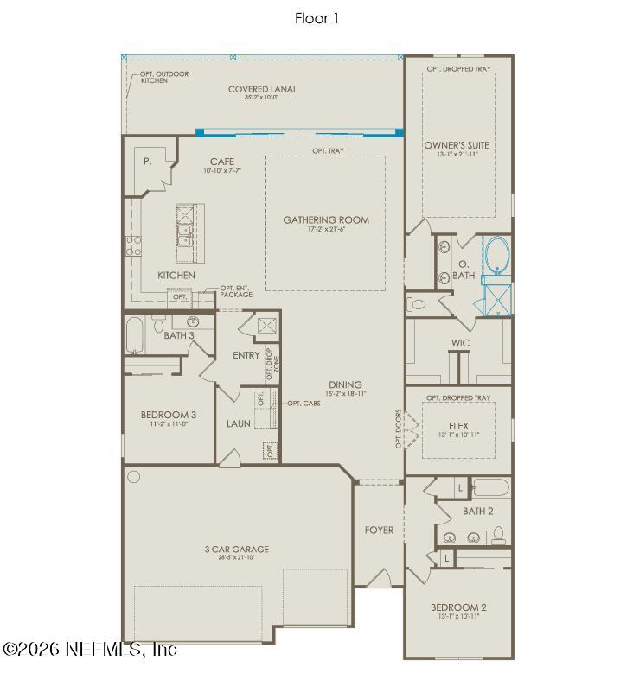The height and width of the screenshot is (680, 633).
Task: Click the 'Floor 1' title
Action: point(316,18)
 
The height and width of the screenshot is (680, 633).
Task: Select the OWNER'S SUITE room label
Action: point(457,145)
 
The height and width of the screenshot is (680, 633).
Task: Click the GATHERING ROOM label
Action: point(326,220)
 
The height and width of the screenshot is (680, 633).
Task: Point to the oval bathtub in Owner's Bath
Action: point(496,256)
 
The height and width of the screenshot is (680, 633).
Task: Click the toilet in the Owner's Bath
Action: point(418,304)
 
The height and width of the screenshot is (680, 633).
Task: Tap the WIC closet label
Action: point(460,343)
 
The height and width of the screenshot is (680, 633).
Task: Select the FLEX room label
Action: point(458,426)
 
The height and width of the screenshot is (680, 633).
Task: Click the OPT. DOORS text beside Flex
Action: point(399,429)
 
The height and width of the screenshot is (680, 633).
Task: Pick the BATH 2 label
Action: point(477,511)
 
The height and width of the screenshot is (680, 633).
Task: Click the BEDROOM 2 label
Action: point(458,607)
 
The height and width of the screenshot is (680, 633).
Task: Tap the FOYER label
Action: point(379,530)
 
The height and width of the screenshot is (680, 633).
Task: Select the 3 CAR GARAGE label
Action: point(236,549)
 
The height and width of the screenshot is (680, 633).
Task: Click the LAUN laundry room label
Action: point(239,423)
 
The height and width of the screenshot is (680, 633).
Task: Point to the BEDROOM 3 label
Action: point(169,415)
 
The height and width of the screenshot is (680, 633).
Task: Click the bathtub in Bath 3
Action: point(134,335)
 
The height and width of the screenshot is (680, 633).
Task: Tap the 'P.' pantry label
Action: point(148,162)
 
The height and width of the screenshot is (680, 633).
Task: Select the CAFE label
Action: point(222,162)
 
